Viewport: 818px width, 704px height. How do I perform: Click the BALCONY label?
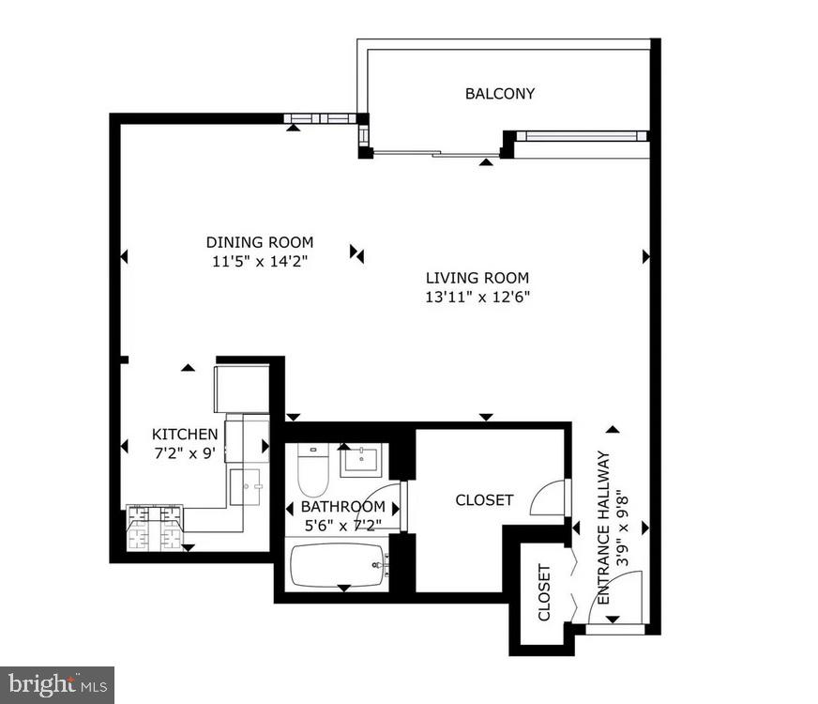[x=500, y=93]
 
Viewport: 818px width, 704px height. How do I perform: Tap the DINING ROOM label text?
[x=260, y=242]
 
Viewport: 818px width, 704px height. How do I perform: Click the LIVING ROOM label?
[x=477, y=278]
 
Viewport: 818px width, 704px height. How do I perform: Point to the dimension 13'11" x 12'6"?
[x=477, y=297]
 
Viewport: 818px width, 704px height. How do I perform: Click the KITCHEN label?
[x=185, y=434]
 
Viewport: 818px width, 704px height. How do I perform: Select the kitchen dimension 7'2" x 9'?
[x=185, y=451]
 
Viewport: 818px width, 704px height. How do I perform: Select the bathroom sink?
[x=360, y=461]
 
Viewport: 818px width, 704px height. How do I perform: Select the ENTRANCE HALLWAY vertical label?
[x=611, y=528]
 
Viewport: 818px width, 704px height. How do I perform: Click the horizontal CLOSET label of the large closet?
[x=484, y=499]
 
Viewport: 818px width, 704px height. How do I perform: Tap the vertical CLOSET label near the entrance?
[x=544, y=592]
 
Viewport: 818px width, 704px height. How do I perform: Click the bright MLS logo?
[x=56, y=684]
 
